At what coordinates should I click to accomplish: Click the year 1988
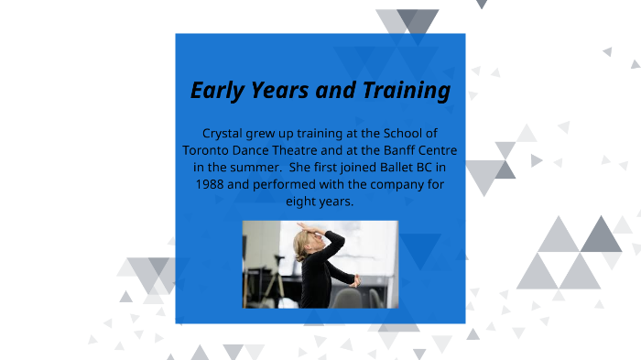pyautogui.click(x=211, y=183)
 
